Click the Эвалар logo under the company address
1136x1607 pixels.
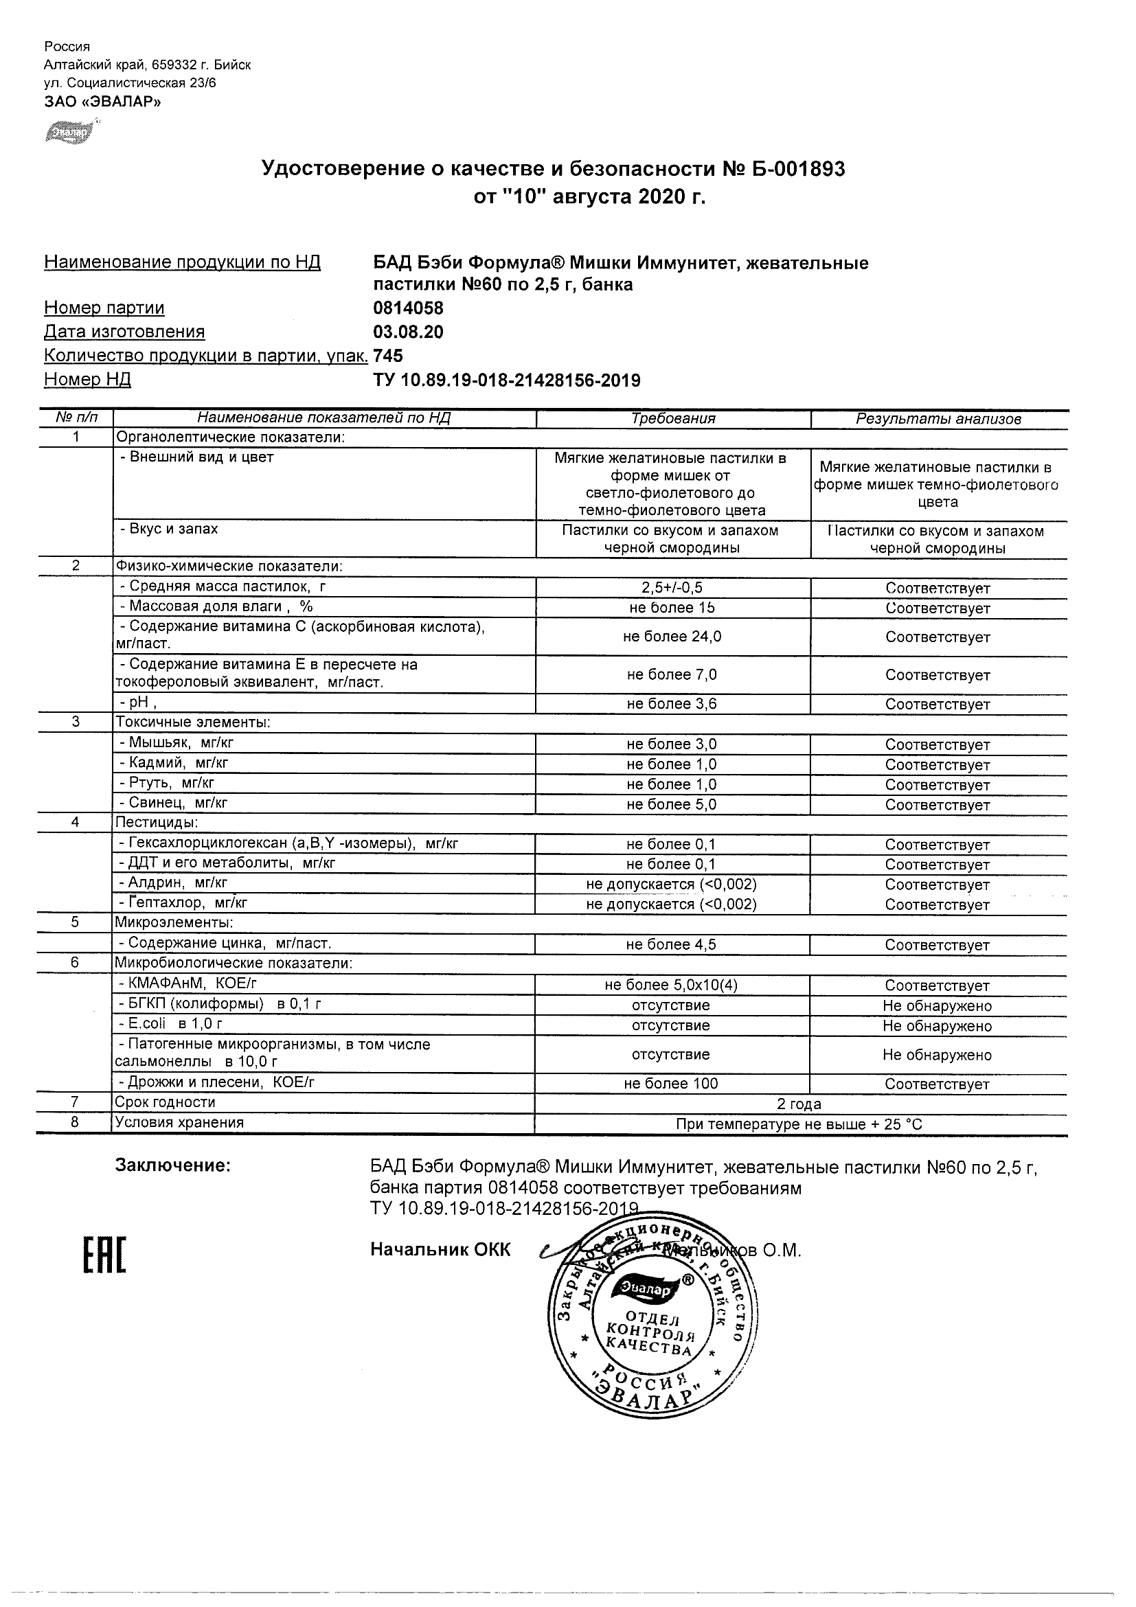[69, 132]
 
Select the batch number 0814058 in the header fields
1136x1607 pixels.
[408, 308]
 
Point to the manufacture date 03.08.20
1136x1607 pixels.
[408, 332]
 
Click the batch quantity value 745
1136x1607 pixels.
[389, 356]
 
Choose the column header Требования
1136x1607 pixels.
[672, 418]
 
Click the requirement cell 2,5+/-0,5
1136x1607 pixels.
[672, 588]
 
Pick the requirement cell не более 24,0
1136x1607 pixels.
[672, 636]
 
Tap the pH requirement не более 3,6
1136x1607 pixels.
[672, 703]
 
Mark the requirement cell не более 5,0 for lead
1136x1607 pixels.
[672, 804]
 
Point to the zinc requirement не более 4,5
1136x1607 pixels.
[671, 944]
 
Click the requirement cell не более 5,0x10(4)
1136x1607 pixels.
[671, 985]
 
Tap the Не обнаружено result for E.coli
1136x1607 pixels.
[938, 1025]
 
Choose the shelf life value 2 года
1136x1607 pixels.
[799, 1104]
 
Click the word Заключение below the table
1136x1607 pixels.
[173, 1165]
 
